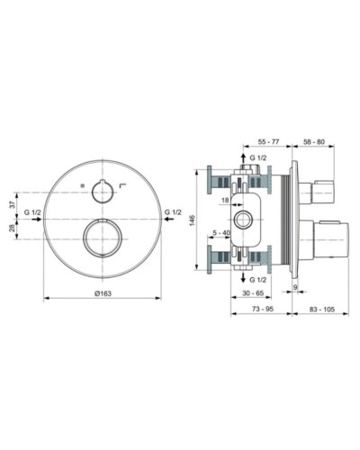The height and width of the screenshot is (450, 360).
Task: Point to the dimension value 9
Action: coord(296,288)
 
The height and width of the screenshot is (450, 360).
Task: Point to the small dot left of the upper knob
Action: coord(82,184)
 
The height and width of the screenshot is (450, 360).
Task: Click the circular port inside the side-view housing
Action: coord(240,219)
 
